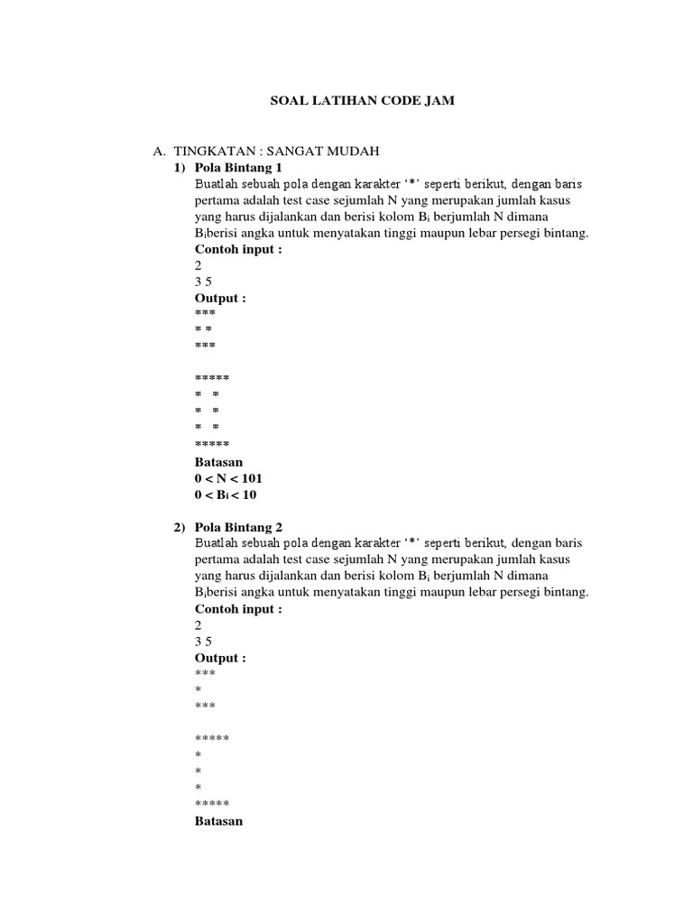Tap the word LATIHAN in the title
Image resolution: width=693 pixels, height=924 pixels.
pos(342,102)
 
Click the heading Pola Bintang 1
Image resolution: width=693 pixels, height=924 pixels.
pos(239,168)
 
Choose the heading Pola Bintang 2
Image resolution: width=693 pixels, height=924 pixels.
pos(239,527)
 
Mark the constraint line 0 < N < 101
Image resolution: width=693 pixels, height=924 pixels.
pos(228,477)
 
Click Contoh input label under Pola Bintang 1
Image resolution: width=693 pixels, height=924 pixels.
pos(238,249)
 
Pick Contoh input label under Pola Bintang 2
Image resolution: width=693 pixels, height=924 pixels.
pos(238,609)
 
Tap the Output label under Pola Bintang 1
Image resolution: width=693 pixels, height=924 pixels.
pos(220,298)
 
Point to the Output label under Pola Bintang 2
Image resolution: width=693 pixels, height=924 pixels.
pos(220,658)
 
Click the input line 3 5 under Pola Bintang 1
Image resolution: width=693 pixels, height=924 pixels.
pos(203,282)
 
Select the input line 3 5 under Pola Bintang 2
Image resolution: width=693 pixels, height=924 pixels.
pos(203,642)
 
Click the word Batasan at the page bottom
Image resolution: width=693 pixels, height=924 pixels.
pos(219,821)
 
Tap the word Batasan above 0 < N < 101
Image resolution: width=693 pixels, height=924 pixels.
pos(219,461)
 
